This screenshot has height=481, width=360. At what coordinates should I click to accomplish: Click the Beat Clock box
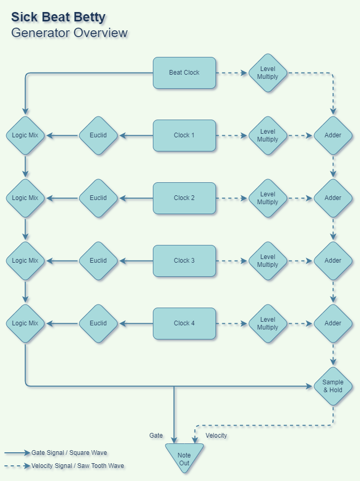(184, 73)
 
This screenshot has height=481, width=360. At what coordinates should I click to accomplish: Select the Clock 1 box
(184, 135)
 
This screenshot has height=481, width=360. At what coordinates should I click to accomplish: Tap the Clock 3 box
(184, 261)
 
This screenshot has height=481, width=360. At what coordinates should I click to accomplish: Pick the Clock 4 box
(184, 323)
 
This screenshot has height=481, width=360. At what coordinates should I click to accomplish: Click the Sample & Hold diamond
(333, 386)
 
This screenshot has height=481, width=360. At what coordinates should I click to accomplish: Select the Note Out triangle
(184, 457)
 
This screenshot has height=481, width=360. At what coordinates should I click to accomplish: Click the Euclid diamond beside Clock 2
(98, 198)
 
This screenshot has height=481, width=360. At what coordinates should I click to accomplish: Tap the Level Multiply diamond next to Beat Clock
(268, 73)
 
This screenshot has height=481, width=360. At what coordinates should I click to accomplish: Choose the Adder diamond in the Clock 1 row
(333, 135)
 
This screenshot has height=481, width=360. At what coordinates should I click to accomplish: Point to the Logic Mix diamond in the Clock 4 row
(26, 323)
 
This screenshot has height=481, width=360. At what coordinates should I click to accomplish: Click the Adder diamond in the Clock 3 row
(333, 261)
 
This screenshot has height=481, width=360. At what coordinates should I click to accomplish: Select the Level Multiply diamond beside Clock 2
(268, 198)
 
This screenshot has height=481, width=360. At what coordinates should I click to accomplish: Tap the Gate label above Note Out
(156, 435)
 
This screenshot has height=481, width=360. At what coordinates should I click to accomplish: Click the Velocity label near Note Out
(216, 435)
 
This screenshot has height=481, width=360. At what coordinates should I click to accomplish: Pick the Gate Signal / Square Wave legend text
(69, 453)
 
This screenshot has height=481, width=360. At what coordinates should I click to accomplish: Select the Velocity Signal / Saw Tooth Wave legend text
(78, 465)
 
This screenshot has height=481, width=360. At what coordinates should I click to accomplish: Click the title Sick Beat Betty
(58, 17)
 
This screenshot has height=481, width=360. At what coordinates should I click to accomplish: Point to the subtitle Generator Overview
(69, 33)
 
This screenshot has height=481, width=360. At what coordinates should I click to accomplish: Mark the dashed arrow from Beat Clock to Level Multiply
(232, 73)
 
